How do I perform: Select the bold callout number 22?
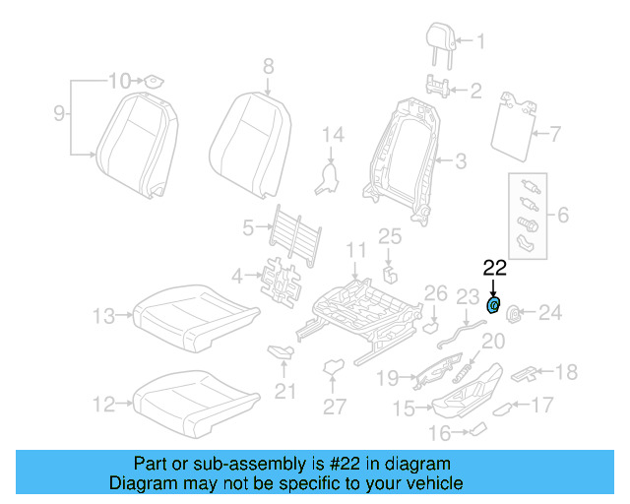(494, 267)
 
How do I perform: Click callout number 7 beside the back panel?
(553, 133)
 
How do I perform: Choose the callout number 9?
(59, 114)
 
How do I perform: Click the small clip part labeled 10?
(155, 81)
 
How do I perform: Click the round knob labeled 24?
(514, 313)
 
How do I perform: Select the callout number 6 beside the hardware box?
(564, 214)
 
